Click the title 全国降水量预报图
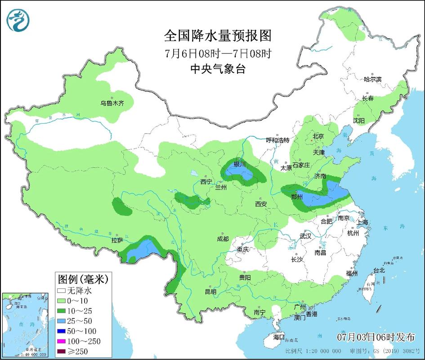[x=219, y=36]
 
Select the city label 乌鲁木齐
[x=112, y=103]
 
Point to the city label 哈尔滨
[x=372, y=79]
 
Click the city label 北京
[x=318, y=136]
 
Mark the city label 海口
[x=279, y=337]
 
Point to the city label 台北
[x=379, y=270]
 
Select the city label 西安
[x=261, y=204]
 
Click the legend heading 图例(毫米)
[x=79, y=279]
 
